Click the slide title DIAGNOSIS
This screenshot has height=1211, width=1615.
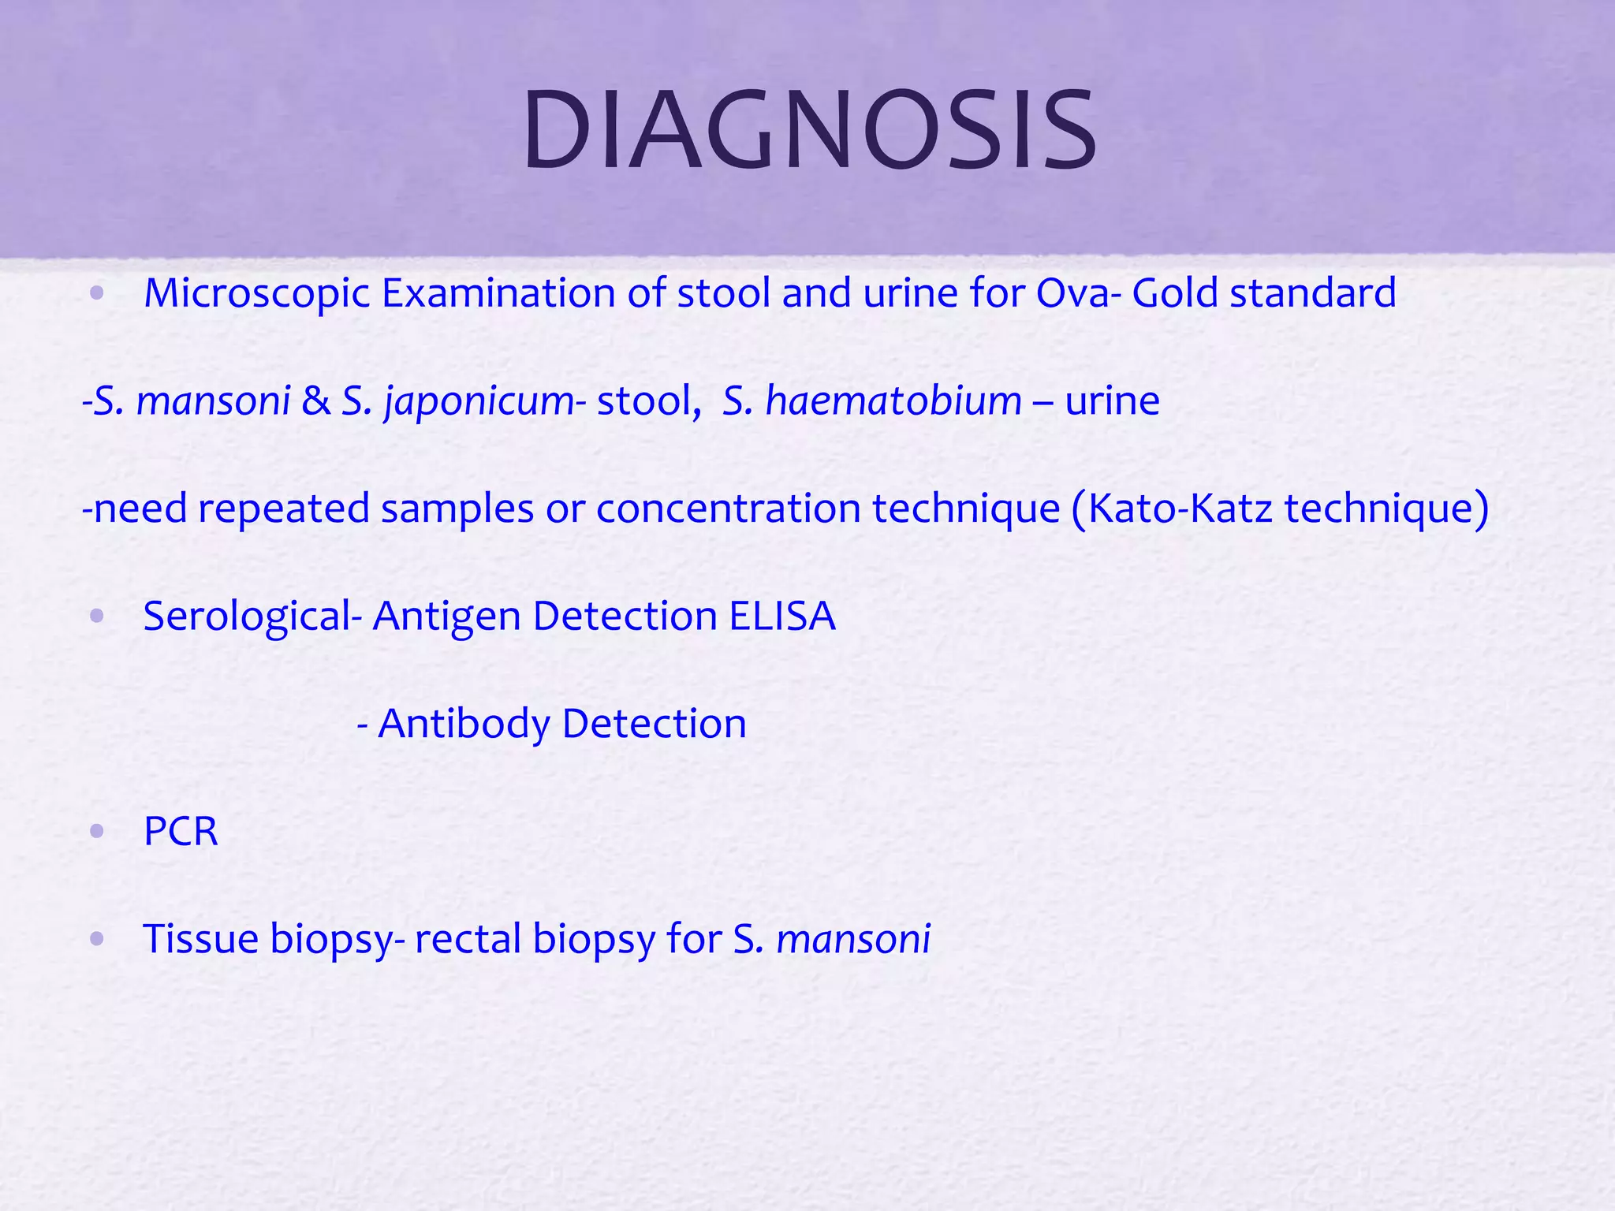pyautogui.click(x=809, y=131)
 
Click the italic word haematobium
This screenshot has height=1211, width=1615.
pyautogui.click(x=893, y=401)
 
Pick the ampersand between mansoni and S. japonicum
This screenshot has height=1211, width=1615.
pyautogui.click(x=316, y=401)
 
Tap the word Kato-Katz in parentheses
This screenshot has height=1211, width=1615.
pyautogui.click(x=1180, y=509)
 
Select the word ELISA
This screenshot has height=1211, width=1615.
pyautogui.click(x=781, y=616)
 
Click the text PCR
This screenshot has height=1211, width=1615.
pyautogui.click(x=181, y=832)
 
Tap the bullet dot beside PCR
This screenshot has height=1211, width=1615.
pyautogui.click(x=97, y=831)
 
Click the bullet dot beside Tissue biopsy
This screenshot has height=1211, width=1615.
pyautogui.click(x=97, y=939)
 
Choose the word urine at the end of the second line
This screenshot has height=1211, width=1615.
pyautogui.click(x=1112, y=401)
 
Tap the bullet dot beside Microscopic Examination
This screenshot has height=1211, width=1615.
pyautogui.click(x=97, y=294)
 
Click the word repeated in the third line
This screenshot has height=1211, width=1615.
pyautogui.click(x=284, y=509)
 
